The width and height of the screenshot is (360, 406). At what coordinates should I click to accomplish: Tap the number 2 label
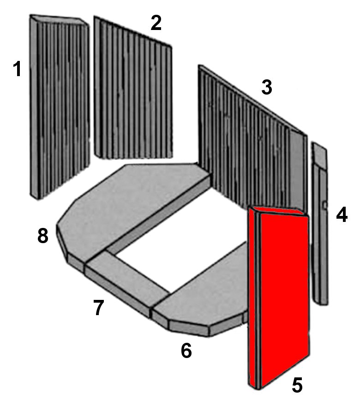coord(156,24)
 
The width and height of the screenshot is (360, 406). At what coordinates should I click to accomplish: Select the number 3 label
coord(267,87)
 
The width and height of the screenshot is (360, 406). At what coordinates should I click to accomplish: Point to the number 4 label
coord(342,215)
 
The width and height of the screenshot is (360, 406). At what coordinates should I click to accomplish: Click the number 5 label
coord(297,385)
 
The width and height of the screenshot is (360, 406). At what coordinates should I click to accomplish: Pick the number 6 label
coord(186,351)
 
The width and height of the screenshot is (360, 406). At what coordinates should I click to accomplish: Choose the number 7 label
coord(98,308)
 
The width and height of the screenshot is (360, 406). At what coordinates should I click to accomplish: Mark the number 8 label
coord(43,236)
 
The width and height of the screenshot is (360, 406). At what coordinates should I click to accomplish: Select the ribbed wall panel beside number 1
coord(60,106)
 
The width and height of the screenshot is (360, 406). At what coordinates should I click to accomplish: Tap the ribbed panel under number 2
coord(133,92)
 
